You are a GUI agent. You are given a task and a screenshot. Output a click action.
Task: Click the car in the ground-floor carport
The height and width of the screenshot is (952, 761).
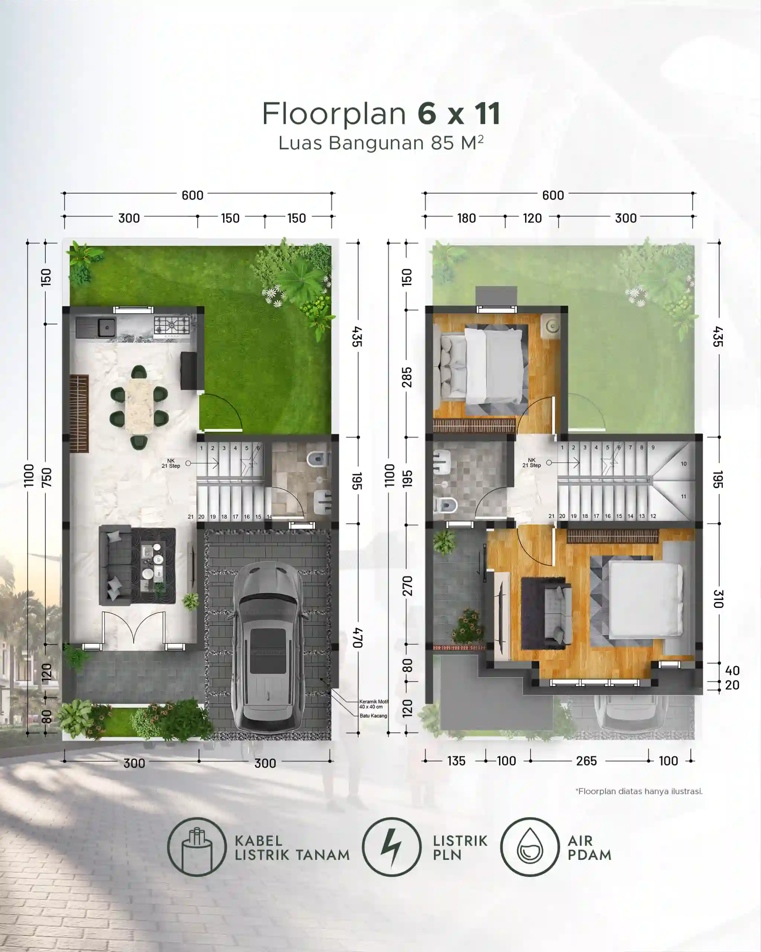tap(268, 647)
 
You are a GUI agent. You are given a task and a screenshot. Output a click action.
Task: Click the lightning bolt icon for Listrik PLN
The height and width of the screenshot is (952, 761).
tap(391, 846)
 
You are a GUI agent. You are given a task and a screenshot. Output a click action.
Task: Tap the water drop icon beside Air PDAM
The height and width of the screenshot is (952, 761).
tap(530, 846)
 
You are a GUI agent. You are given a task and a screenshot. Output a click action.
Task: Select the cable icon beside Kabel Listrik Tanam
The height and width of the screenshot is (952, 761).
tap(197, 846)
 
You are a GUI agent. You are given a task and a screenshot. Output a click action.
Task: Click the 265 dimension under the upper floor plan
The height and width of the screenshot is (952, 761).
tap(586, 761)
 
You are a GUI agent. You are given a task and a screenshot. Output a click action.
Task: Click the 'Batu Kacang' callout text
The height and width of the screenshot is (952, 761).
tap(373, 716)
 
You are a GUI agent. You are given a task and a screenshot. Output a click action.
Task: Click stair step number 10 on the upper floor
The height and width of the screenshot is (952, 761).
tap(683, 464)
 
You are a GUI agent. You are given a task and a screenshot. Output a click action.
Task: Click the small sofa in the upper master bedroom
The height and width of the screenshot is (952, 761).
tap(557, 612)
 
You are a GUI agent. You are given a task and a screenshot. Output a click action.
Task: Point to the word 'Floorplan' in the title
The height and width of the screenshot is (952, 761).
tap(334, 113)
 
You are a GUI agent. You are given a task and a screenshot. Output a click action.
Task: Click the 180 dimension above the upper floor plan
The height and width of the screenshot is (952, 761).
tap(466, 218)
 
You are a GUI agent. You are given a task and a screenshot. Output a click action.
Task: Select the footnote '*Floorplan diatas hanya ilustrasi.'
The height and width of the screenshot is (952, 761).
tap(638, 791)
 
